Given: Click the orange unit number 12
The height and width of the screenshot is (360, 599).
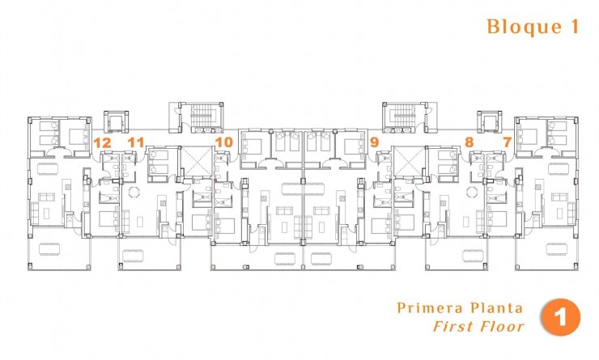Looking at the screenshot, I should [x=102, y=142].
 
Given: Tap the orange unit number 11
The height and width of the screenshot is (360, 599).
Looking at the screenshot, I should [x=136, y=142].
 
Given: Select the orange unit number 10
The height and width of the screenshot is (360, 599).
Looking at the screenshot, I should [x=224, y=142].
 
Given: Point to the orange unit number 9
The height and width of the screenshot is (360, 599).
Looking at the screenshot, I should [x=374, y=142].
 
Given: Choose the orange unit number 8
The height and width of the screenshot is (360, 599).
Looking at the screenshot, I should [x=469, y=142].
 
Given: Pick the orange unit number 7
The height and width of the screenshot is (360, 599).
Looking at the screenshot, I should [x=508, y=142].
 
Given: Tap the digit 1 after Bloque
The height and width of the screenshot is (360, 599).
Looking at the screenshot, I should [x=574, y=27].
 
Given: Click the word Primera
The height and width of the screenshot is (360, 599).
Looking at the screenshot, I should [x=427, y=308].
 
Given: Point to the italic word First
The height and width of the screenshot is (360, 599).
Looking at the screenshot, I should [x=451, y=327].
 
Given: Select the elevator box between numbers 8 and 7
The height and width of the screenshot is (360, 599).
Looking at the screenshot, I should [x=489, y=122].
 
